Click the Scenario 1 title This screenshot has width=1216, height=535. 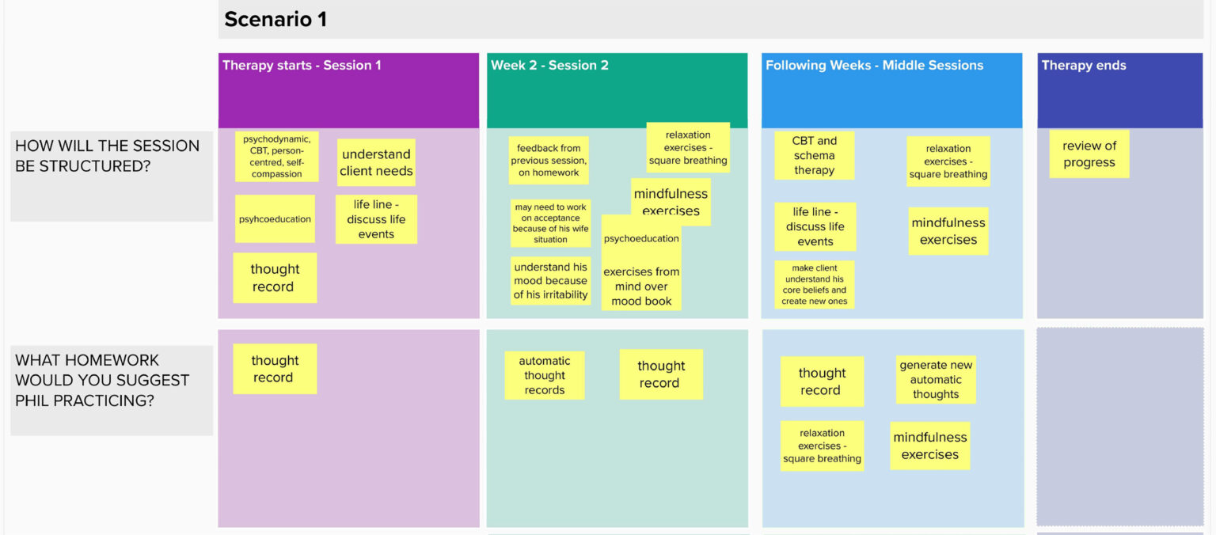coord(275,20)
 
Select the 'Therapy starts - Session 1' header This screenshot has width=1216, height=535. coord(302,65)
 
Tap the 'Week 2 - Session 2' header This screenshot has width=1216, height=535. coord(549,65)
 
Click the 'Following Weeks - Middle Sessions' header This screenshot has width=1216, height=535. coord(874,65)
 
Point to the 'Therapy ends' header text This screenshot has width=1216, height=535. coord(1084,65)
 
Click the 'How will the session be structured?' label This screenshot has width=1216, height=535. coord(108,156)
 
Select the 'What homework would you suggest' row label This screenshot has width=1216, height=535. coord(102,381)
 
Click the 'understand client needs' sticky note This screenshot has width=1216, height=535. coord(376,162)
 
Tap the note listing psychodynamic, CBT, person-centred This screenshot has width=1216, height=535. coord(277,156)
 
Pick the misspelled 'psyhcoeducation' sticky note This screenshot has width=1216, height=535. coord(275,218)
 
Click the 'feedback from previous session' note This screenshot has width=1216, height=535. coord(549,160)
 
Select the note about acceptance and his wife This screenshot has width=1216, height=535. coord(550,223)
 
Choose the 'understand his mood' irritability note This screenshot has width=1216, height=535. coord(550,280)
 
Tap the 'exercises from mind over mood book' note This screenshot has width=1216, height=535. coord(641,286)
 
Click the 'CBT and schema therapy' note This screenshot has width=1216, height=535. coord(815,155)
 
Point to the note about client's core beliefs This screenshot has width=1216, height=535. coord(815,284)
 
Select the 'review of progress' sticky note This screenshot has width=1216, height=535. coord(1089,154)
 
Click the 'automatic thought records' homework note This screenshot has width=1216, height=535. coord(545,375)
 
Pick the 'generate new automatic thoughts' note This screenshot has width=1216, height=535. coord(936,379)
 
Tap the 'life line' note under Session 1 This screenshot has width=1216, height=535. coord(376,219)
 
